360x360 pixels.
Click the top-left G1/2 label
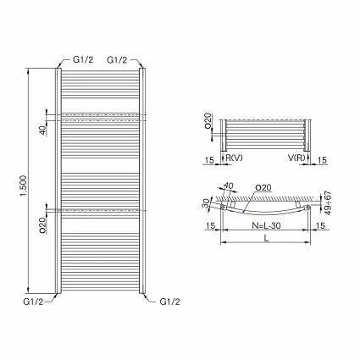click(82, 60)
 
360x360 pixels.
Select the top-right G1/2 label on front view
click(117, 60)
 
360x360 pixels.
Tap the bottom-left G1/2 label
click(33, 301)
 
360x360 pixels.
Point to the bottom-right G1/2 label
click(170, 301)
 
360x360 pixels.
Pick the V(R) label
click(294, 158)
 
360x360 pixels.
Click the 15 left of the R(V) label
click(208, 158)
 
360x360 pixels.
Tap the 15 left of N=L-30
click(208, 225)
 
